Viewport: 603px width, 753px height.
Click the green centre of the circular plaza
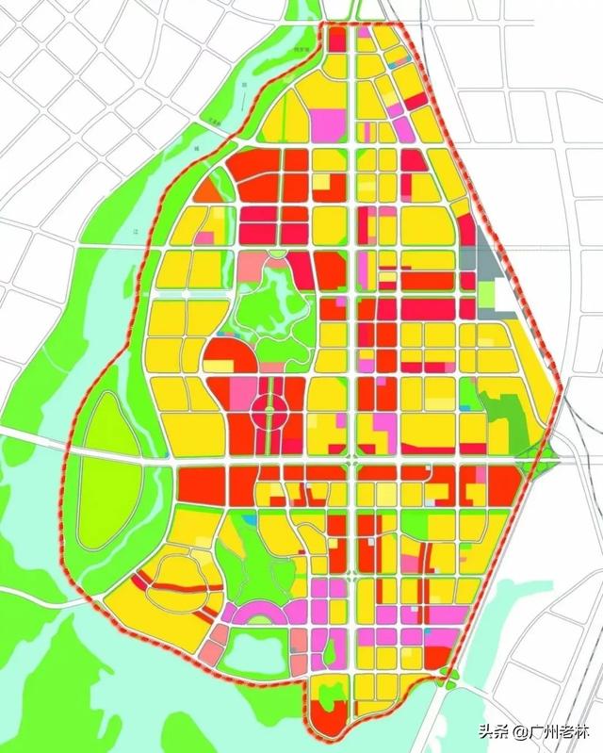(x=268, y=410)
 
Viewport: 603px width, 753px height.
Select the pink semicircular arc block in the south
(x=260, y=614)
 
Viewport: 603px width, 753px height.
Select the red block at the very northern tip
(x=336, y=38)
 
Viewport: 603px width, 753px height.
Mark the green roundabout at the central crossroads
(x=352, y=462)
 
